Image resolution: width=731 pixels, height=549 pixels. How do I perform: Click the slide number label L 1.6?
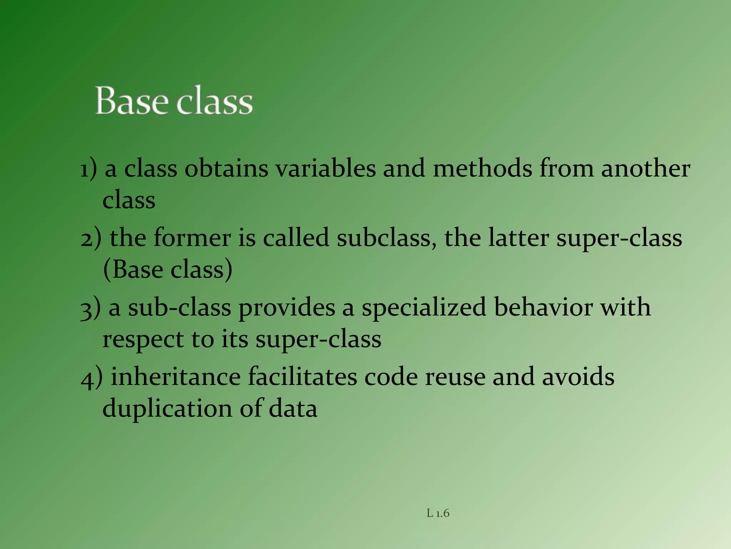[438, 513]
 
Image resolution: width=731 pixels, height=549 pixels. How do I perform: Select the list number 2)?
[91, 238]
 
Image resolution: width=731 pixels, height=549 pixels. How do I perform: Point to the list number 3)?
[90, 308]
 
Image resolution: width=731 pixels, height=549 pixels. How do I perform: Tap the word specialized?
[424, 307]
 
